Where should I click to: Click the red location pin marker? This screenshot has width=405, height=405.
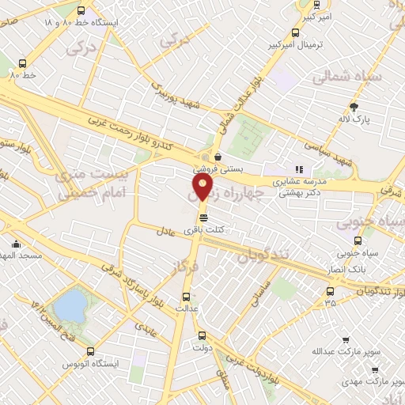click(202, 188)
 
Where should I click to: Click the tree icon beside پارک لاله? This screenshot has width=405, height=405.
click(353, 106)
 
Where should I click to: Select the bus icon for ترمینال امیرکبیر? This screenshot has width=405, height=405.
click(295, 33)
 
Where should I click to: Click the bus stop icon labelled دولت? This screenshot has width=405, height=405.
click(201, 335)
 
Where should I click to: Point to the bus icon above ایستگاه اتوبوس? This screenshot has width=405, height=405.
click(90, 352)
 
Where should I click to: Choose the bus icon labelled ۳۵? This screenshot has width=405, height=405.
click(330, 290)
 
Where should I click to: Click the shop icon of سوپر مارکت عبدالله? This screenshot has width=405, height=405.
click(345, 340)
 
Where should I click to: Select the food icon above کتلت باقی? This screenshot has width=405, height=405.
click(204, 218)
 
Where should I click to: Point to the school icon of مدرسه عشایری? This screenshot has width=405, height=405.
click(298, 169)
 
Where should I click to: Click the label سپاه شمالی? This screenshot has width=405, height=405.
click(346, 77)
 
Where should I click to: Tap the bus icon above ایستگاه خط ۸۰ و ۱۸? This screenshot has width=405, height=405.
click(82, 10)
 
